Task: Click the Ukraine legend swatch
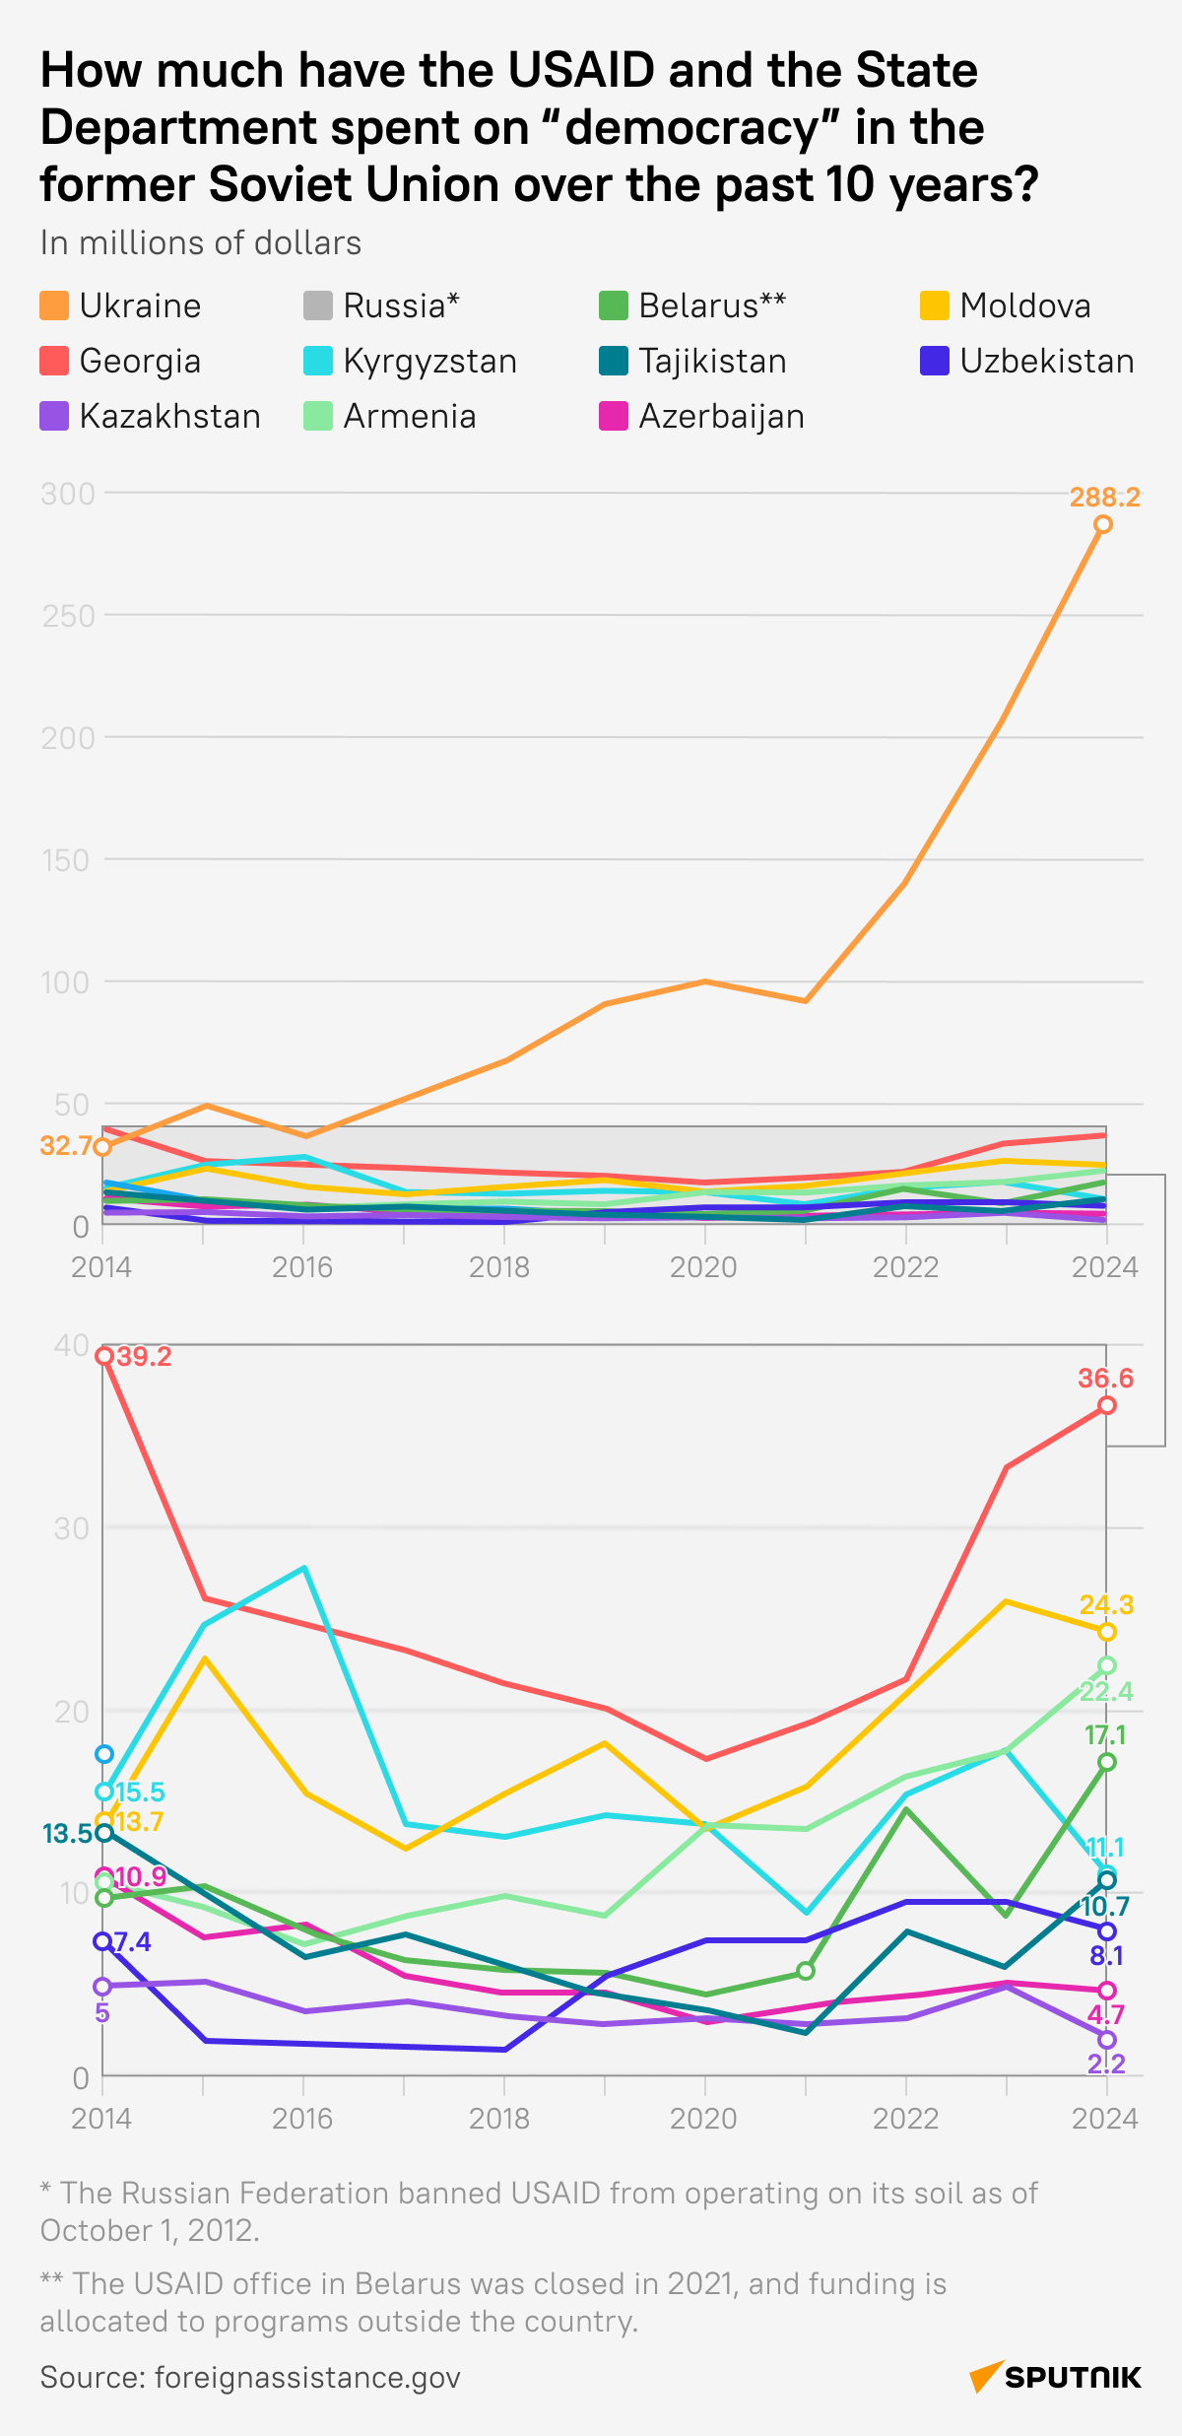(x=54, y=305)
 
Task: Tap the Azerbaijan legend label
(x=721, y=417)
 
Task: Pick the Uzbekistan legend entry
(x=1046, y=362)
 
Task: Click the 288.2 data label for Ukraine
(x=1105, y=498)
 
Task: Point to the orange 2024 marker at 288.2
(x=1103, y=524)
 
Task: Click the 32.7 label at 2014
(x=66, y=1145)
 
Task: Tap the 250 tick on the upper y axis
(x=68, y=616)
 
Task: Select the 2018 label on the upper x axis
(x=499, y=1266)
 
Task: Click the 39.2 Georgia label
(x=144, y=1357)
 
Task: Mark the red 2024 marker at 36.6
(x=1107, y=1405)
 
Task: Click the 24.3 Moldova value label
(x=1106, y=1605)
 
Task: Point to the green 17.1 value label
(x=1106, y=1735)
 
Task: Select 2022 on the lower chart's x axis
(x=905, y=2119)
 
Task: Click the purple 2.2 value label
(x=1106, y=2064)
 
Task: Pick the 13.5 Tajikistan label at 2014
(x=67, y=1834)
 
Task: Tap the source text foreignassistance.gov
(x=307, y=2378)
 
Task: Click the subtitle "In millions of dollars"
(x=201, y=243)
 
